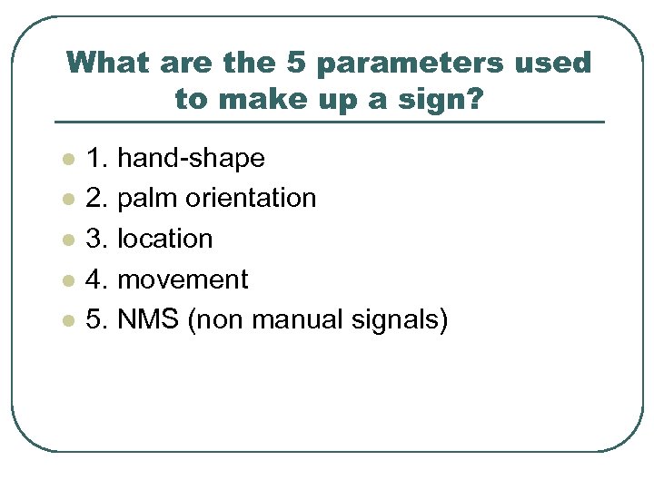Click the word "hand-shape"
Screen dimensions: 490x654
pyautogui.click(x=192, y=159)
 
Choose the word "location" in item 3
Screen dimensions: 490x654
pyautogui.click(x=165, y=239)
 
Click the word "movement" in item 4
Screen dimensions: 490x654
pyautogui.click(x=183, y=279)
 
